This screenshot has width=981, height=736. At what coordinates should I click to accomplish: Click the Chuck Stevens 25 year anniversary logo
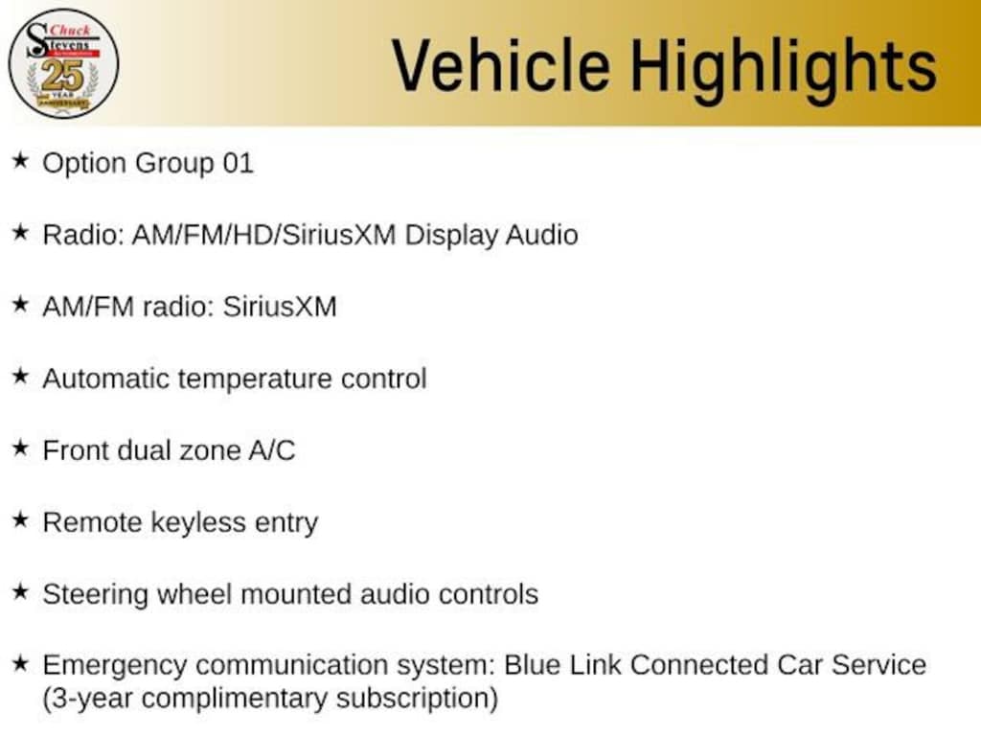(x=63, y=64)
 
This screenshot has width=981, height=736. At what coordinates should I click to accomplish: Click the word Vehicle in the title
(x=501, y=65)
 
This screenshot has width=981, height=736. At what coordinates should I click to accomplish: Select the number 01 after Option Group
(x=239, y=163)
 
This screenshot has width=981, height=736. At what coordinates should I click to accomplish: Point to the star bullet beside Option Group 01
(x=21, y=161)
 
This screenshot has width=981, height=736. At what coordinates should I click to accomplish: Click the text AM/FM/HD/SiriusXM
(x=264, y=236)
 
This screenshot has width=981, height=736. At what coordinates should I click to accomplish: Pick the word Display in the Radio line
(x=451, y=236)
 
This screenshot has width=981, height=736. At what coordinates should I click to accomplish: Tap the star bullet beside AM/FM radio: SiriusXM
(x=21, y=305)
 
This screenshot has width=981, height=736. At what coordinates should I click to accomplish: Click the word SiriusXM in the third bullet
(x=280, y=308)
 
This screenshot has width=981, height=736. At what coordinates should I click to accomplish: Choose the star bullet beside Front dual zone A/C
(x=21, y=448)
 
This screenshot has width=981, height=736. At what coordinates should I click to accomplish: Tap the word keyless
(x=199, y=523)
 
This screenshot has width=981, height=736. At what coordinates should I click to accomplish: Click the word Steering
(x=95, y=595)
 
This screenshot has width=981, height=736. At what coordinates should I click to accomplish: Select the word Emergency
(x=115, y=666)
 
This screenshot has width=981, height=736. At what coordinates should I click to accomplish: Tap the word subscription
(x=412, y=699)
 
